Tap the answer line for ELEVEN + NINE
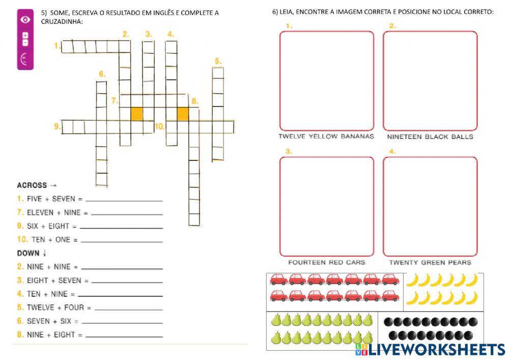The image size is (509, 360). [127, 214]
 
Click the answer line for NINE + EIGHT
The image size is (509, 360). [124, 336]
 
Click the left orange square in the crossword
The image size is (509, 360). [136, 114]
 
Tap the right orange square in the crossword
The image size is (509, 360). [183, 114]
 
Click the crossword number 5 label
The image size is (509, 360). [218, 61]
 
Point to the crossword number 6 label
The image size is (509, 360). [102, 74]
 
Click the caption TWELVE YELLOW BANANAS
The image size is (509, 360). [326, 136]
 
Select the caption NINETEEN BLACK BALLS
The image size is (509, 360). [430, 136]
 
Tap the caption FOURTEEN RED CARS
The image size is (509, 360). [326, 263]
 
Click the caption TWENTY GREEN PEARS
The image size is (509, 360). [430, 263]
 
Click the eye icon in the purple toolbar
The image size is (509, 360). [25, 19]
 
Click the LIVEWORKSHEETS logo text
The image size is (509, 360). [436, 350]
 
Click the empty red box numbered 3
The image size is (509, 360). [326, 206]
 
